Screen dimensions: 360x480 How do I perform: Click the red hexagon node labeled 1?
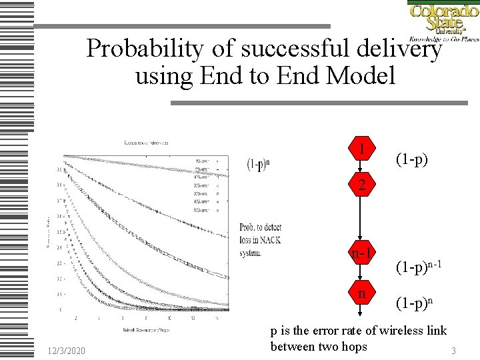pyautogui.click(x=361, y=149)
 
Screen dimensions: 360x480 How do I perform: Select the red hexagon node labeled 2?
pyautogui.click(x=361, y=185)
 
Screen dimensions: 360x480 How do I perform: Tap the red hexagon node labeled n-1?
pyautogui.click(x=361, y=254)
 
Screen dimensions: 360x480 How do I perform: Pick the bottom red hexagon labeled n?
pyautogui.click(x=361, y=294)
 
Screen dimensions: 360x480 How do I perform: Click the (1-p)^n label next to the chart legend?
pyautogui.click(x=259, y=165)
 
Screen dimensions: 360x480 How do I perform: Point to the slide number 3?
pyautogui.click(x=453, y=350)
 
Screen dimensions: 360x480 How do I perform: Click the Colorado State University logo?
pyautogui.click(x=442, y=21)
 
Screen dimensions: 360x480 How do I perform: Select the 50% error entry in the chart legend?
pyautogui.click(x=202, y=209)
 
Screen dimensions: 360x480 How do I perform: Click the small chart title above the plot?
pyautogui.click(x=145, y=143)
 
